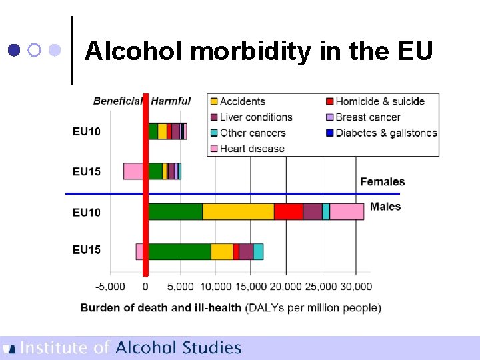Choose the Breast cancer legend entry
coord(367,117)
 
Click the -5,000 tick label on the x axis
coord(110,287)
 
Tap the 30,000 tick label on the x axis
coord(355,287)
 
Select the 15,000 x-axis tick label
coord(251,287)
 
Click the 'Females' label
coord(382,181)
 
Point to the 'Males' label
coord(385,206)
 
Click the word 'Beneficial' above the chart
coord(118,101)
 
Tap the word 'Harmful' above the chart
coord(171,101)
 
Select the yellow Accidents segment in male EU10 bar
coord(238,211)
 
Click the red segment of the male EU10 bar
coord(288,211)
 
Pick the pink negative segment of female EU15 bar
coord(133,171)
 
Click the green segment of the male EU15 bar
coord(179,251)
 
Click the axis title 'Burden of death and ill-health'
coord(161,308)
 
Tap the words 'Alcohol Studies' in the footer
coord(178,347)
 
